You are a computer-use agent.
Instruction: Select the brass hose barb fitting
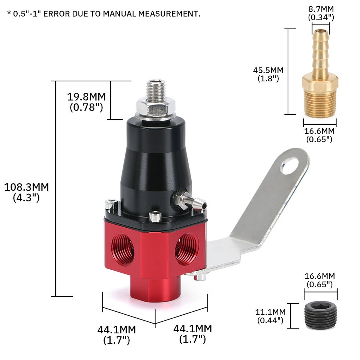320,75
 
